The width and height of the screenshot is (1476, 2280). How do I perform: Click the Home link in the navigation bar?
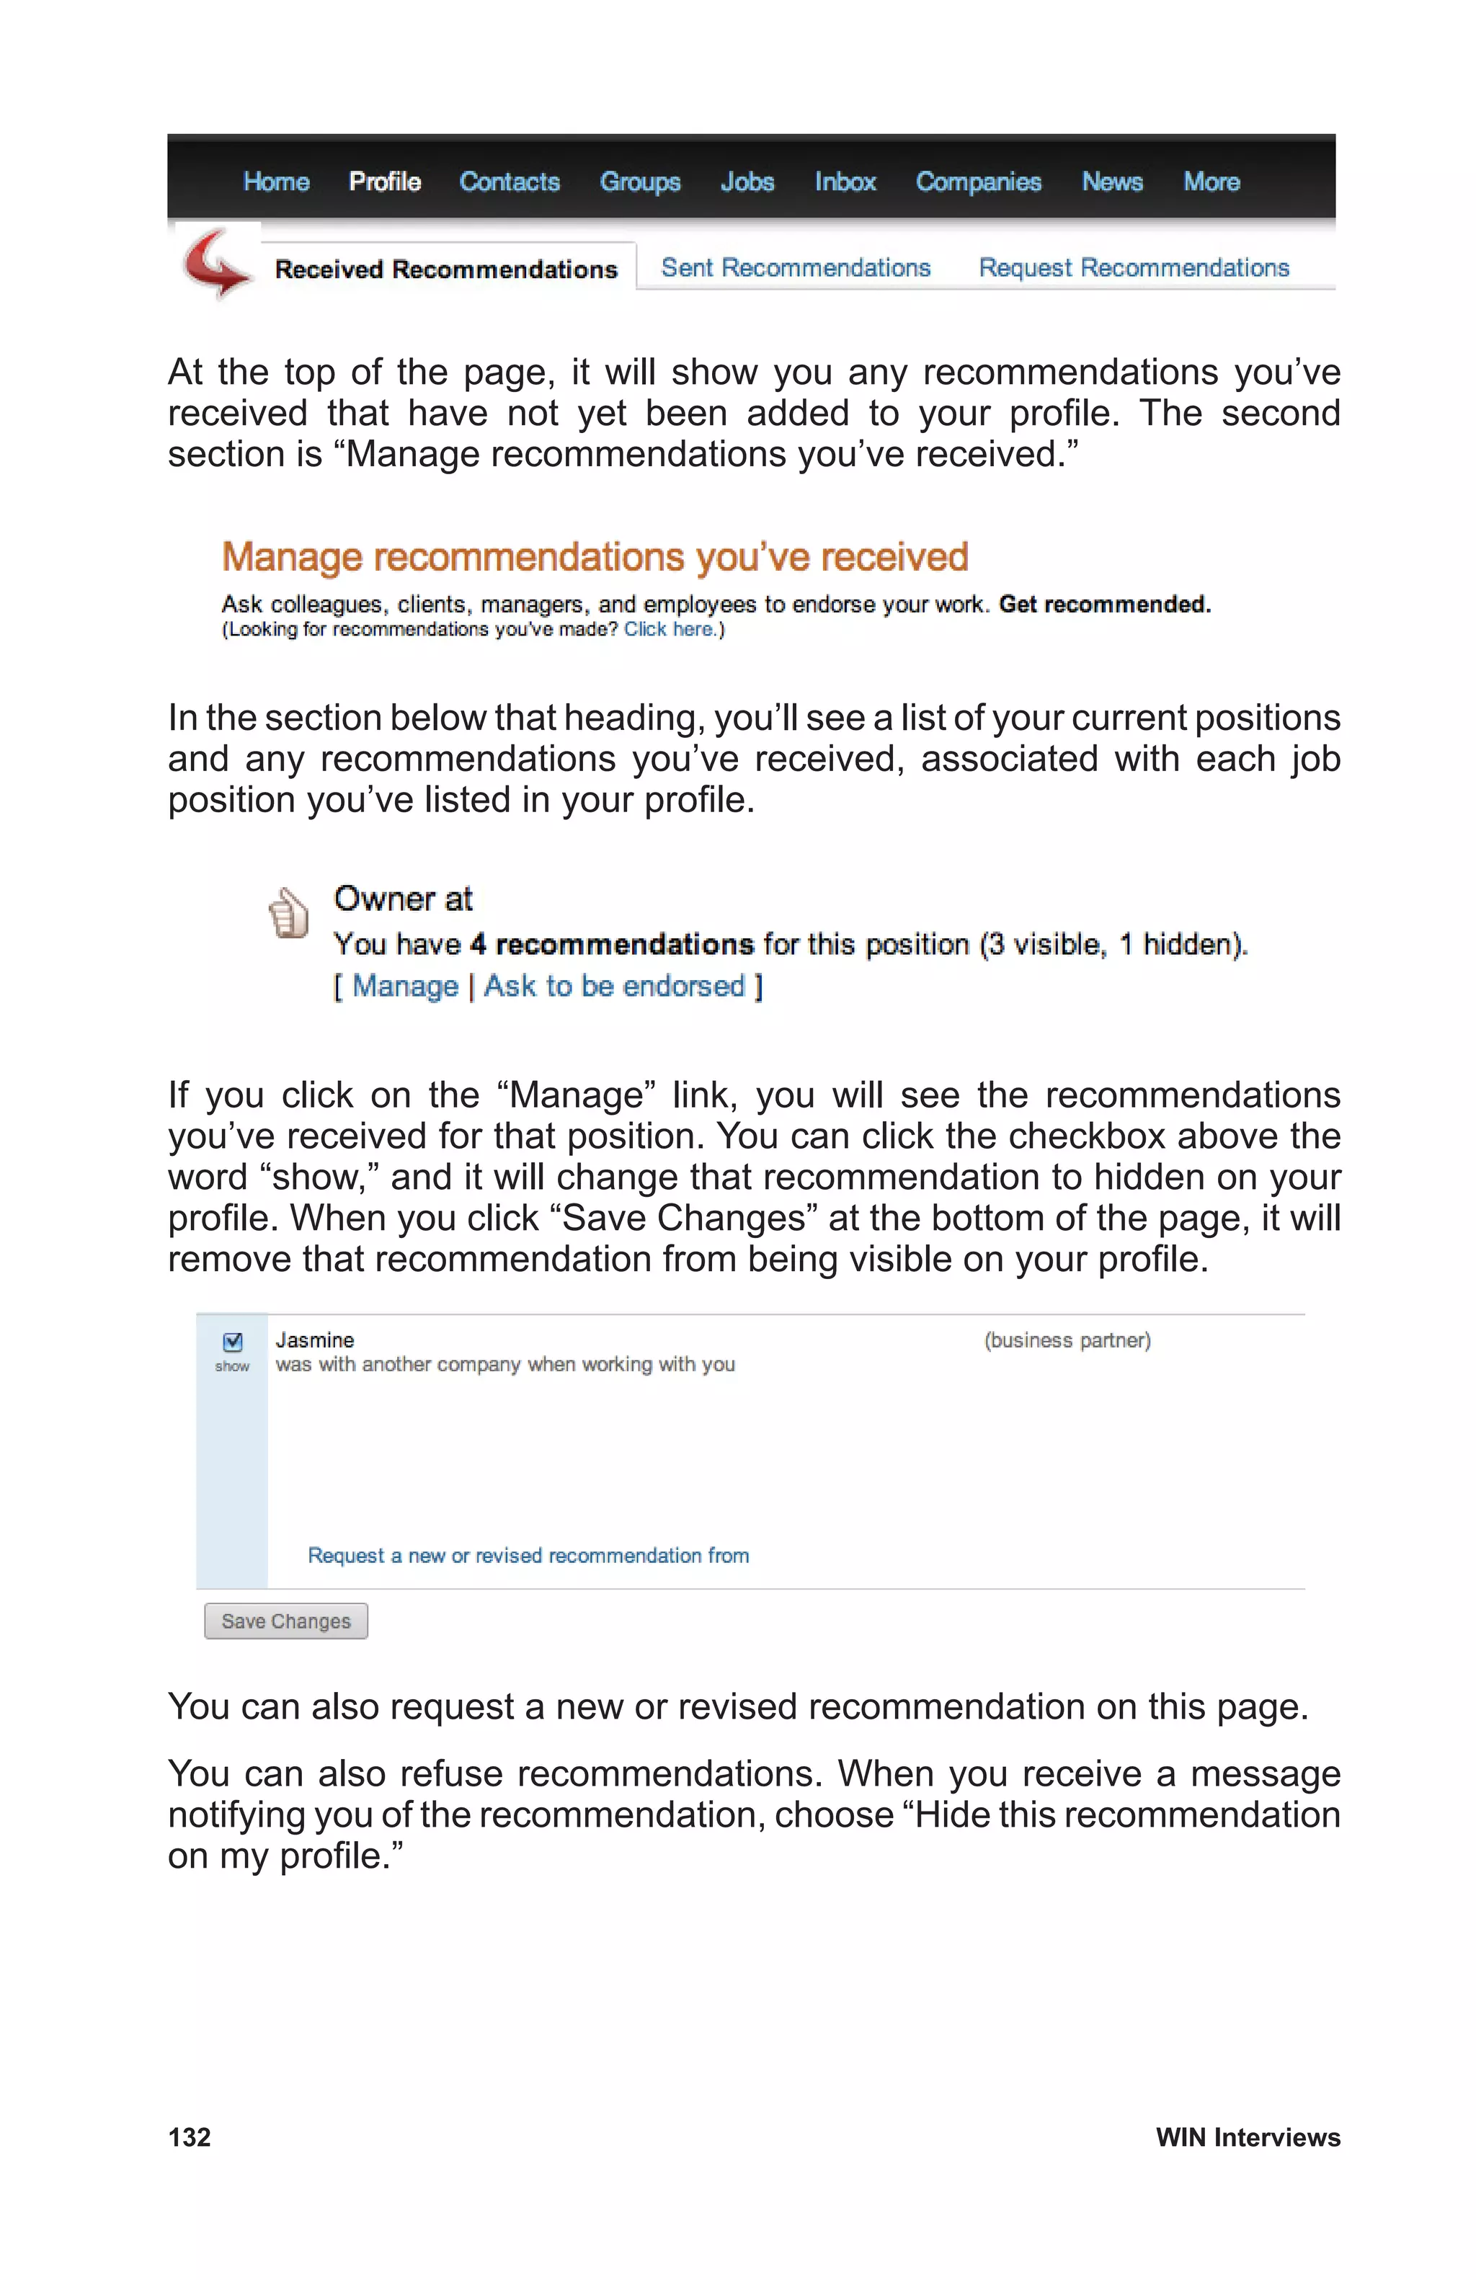point(276,182)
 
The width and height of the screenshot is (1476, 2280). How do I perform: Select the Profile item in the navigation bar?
point(384,182)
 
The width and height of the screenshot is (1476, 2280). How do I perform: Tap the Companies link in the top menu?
point(978,182)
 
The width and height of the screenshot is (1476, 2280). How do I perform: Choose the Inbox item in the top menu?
point(845,182)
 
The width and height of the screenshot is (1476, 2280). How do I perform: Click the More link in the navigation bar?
point(1211,182)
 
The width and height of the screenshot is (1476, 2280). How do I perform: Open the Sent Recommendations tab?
point(795,268)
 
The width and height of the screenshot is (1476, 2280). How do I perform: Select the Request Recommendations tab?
point(1133,268)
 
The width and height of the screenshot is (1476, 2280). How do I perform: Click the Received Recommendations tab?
point(445,270)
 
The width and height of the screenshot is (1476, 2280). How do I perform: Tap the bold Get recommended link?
point(1104,605)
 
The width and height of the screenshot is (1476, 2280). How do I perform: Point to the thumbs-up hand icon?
point(288,912)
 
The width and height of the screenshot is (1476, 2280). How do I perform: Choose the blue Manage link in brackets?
point(405,986)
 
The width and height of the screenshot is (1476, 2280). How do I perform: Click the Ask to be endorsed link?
point(614,986)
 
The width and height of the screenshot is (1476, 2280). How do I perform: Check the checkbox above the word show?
point(233,1341)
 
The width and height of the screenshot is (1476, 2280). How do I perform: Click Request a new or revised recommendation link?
point(528,1556)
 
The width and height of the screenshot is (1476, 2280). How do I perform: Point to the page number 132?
point(190,2137)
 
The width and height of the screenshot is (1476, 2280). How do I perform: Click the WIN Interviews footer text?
point(1247,2137)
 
